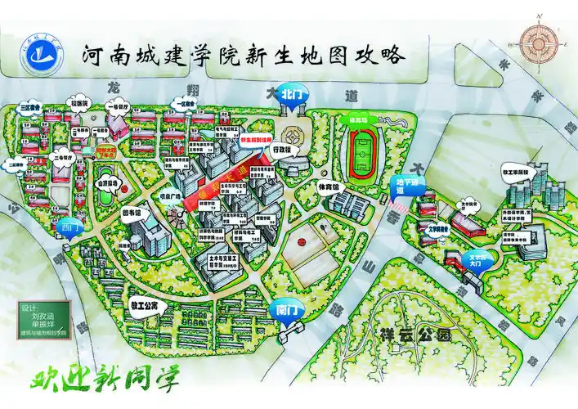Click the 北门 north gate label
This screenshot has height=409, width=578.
pos(291,94)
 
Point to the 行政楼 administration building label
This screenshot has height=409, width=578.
pos(281,151)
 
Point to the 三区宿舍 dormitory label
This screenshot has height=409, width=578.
pos(30,107)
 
